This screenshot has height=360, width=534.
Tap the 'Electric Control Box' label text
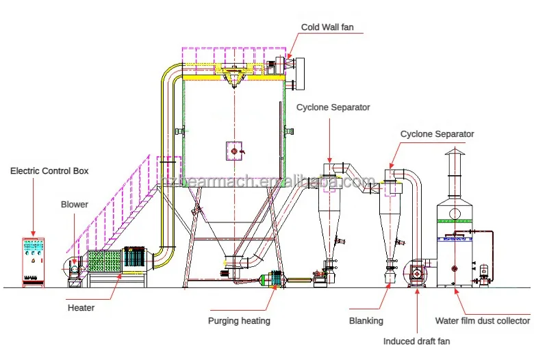(49, 170)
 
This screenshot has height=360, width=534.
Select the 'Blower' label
(74, 204)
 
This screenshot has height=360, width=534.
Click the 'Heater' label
(81, 308)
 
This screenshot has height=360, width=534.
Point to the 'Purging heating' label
(239, 320)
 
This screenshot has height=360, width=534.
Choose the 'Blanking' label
(366, 320)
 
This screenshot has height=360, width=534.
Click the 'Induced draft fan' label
(416, 340)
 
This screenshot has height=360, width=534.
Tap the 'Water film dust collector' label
(482, 320)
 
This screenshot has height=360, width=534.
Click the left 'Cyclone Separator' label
(333, 107)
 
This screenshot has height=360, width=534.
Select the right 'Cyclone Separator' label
(437, 134)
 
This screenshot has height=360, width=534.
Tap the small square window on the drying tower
(234, 150)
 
